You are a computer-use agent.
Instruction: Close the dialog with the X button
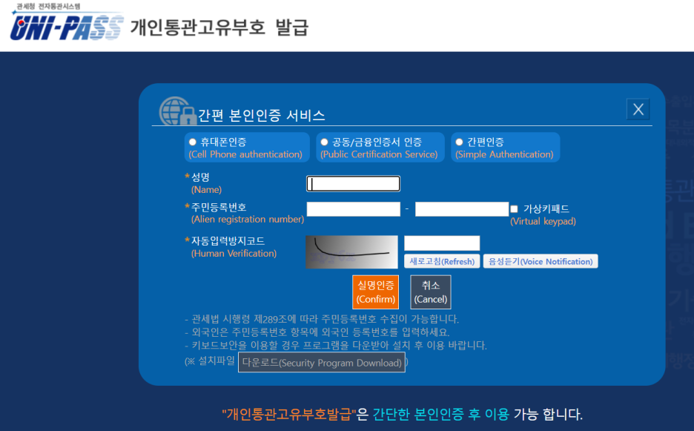[x=638, y=110]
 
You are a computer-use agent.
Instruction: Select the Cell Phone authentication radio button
[x=193, y=142]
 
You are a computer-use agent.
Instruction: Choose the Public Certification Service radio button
[x=324, y=142]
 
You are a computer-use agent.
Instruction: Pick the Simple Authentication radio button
[x=459, y=142]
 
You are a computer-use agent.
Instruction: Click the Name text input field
[x=354, y=184]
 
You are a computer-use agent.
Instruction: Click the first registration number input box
[x=354, y=209]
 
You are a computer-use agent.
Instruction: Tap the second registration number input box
[x=461, y=209]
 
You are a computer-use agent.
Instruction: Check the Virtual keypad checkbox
[x=514, y=209]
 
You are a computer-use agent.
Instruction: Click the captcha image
[x=352, y=251]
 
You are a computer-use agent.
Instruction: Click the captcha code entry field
[x=442, y=243]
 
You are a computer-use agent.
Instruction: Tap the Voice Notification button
[x=540, y=261]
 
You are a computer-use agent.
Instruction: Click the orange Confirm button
[x=376, y=292]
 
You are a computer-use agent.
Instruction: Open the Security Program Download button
[x=322, y=363]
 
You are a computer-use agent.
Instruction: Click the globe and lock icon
[x=176, y=112]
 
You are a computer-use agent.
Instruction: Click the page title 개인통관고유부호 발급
[x=219, y=27]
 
